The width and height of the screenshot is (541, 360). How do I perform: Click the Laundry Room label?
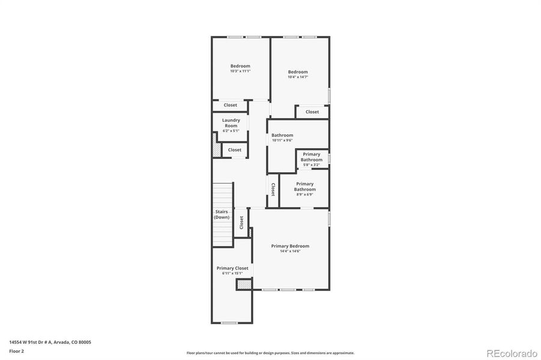click(x=231, y=123)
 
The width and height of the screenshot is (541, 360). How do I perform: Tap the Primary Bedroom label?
click(x=290, y=246)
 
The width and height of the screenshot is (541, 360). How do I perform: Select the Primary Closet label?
click(x=232, y=268)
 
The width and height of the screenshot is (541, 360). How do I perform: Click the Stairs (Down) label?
click(x=222, y=214)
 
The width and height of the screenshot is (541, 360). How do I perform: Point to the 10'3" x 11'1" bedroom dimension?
click(x=240, y=71)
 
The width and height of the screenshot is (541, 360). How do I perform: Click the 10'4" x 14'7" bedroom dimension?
click(x=298, y=77)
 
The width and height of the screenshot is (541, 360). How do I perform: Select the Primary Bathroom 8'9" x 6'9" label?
click(x=304, y=187)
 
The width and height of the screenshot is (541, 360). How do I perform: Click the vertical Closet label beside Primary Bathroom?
click(x=273, y=190)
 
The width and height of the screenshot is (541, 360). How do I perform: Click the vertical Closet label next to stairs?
click(x=241, y=223)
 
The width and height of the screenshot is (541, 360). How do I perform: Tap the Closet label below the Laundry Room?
click(x=234, y=150)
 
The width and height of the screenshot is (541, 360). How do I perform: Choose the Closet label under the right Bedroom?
click(x=312, y=112)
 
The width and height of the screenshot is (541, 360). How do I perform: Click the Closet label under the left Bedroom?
click(x=231, y=105)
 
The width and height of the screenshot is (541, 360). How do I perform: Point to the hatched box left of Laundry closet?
click(x=216, y=146)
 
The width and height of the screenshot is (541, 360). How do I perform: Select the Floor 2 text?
click(x=17, y=351)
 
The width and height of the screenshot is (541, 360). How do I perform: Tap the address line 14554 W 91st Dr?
click(x=50, y=342)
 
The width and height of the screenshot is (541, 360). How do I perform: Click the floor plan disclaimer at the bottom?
click(x=270, y=353)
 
